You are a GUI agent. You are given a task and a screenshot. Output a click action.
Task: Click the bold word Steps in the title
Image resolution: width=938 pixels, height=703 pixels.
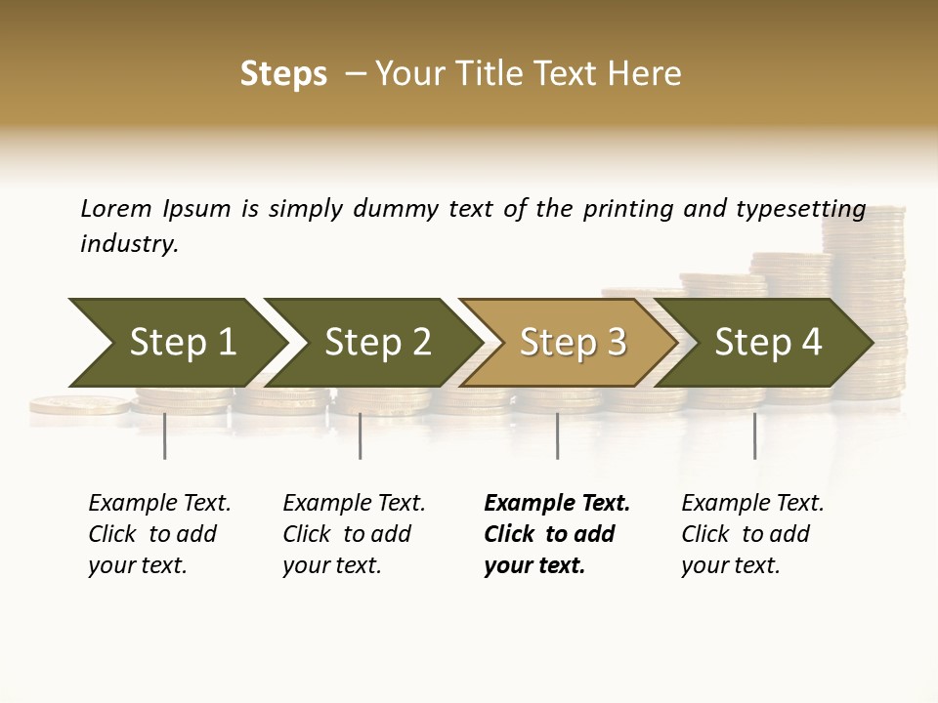pos(283,74)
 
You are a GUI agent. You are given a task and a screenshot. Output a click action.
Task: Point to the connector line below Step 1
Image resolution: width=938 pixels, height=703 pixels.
pos(164,435)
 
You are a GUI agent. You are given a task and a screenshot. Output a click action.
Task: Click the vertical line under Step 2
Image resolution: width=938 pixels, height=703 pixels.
pos(361,435)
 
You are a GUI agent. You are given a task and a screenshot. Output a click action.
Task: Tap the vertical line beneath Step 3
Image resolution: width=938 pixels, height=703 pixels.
pos(557,435)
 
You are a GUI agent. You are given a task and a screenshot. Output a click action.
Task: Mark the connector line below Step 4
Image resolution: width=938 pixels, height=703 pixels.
pos(754,435)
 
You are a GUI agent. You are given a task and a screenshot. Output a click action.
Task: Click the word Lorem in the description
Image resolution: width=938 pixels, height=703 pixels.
pos(115,208)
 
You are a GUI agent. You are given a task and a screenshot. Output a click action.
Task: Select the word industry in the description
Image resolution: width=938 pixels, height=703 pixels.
pos(128,244)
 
